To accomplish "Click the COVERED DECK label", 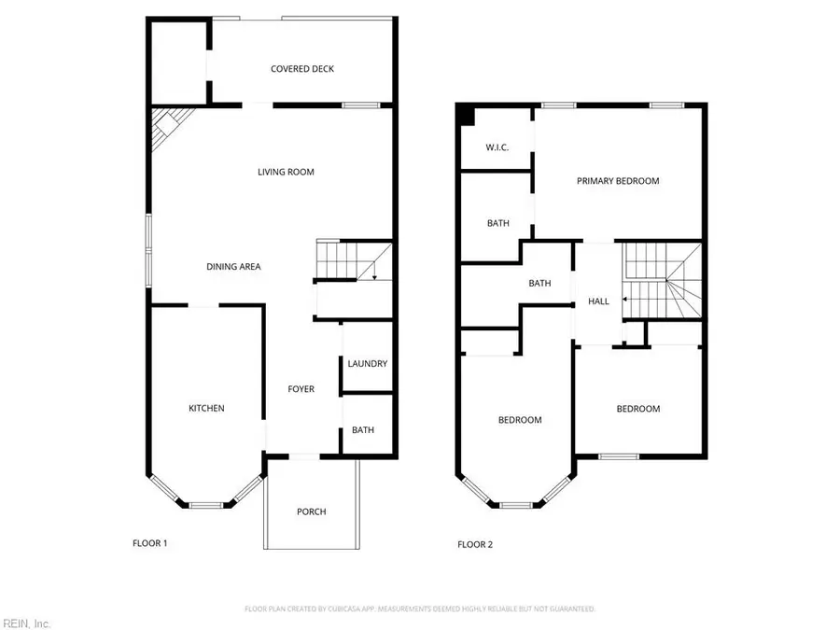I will pos(301,69).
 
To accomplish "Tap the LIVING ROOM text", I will pos(286,172).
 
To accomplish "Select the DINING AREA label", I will pos(233,267).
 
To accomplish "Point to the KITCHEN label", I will pos(206,408).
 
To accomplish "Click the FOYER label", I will pos(301,389).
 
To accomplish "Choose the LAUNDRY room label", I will pos(367,364).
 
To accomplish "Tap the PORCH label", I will pos(312,511).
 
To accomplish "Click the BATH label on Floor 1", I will pos(363,430).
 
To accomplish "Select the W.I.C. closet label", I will pos(496,148).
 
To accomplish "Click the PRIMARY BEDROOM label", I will pos(617,181).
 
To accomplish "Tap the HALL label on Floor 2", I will pos(598,301).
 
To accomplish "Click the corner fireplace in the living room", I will pos(171,124).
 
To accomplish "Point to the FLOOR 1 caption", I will pos(149,543).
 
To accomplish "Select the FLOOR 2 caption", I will pos(474,544).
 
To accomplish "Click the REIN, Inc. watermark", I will pos(26,623).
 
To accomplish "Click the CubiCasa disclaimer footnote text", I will pos(419,609).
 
